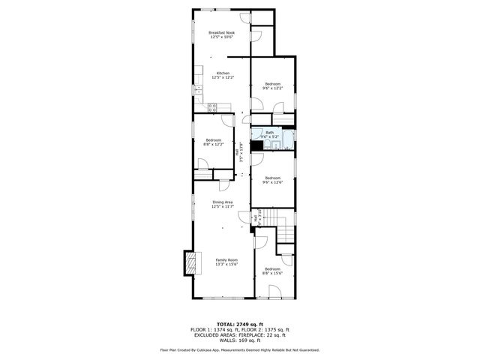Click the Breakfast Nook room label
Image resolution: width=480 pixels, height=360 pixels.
(x=221, y=33)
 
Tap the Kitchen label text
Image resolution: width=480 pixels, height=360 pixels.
(x=221, y=73)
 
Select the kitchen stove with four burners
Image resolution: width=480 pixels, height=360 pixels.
(x=212, y=107)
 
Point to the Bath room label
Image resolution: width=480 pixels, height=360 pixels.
(x=270, y=133)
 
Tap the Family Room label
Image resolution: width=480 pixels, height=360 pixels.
(x=226, y=259)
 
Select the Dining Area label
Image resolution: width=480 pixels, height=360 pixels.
(x=223, y=202)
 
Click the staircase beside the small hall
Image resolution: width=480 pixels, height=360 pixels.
(x=285, y=229)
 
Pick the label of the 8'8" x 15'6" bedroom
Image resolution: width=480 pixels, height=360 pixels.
(x=271, y=268)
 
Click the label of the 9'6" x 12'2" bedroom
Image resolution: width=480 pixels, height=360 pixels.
(x=271, y=83)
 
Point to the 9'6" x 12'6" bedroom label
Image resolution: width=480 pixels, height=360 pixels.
(x=271, y=178)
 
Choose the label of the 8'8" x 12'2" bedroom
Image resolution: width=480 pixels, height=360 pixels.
(x=214, y=140)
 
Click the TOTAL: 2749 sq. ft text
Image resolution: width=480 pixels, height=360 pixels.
(x=239, y=324)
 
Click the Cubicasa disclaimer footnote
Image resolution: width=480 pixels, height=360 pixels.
(x=239, y=349)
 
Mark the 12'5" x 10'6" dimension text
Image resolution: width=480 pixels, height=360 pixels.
(x=221, y=37)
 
